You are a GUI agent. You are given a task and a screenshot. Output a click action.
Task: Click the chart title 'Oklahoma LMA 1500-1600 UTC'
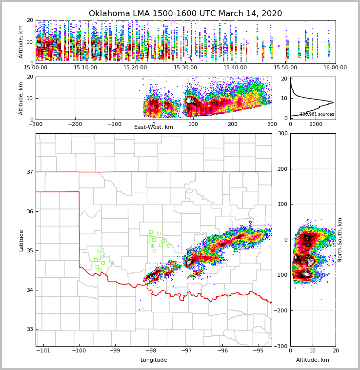[185, 14]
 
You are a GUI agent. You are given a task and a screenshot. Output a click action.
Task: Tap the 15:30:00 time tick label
[185, 67]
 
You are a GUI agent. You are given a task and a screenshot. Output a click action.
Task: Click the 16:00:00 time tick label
[335, 67]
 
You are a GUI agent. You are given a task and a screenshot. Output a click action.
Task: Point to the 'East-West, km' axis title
[154, 127]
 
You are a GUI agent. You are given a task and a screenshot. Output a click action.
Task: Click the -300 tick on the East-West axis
[36, 124]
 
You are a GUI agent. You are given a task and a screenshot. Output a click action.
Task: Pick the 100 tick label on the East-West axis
[193, 124]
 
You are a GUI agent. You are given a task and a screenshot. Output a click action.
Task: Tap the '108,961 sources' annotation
[317, 114]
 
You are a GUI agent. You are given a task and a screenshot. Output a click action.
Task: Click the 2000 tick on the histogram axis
[316, 124]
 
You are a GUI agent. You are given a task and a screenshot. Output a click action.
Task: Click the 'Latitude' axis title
[21, 240]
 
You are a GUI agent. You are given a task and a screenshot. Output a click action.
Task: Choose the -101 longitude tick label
[43, 351]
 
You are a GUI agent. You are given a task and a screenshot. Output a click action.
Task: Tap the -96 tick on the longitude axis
[222, 351]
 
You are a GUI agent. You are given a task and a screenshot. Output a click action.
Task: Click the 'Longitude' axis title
[154, 360]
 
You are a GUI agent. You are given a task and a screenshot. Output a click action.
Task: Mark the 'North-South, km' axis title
[340, 240]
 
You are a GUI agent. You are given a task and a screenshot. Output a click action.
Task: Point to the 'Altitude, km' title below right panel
[313, 360]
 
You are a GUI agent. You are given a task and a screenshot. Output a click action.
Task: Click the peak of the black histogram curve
[333, 102]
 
